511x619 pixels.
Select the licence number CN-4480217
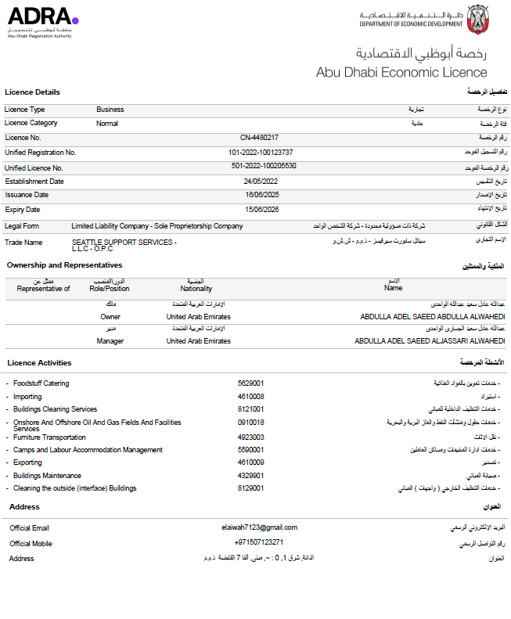(x=259, y=138)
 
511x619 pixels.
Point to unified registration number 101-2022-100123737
(x=261, y=152)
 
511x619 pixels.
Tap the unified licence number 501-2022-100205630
(x=264, y=167)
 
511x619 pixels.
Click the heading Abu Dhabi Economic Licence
(x=401, y=72)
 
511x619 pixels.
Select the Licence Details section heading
(x=32, y=92)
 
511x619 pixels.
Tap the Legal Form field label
(x=23, y=226)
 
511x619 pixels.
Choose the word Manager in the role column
(x=110, y=341)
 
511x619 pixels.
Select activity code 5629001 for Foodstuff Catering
(x=250, y=383)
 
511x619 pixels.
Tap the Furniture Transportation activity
(x=49, y=437)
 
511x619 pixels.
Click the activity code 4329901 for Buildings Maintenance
(x=250, y=475)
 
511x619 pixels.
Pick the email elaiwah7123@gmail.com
(x=260, y=527)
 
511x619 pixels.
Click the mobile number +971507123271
(x=258, y=542)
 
